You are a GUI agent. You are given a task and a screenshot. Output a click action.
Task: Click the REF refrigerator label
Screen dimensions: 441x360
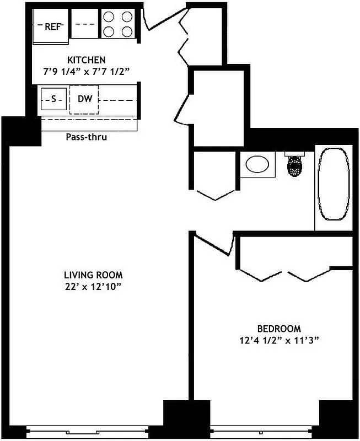[x=52, y=26]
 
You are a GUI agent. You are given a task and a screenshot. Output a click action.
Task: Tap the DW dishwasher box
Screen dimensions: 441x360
[x=84, y=99]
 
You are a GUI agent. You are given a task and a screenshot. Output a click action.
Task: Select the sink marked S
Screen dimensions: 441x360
[x=53, y=100]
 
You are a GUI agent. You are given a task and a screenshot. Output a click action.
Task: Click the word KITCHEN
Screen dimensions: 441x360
[x=87, y=60]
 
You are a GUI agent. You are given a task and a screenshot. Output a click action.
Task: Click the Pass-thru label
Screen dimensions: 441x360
[x=87, y=137]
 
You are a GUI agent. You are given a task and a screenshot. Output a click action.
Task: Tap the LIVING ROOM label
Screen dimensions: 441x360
[x=93, y=275]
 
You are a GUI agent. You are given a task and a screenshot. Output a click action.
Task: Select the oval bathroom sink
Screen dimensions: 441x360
[x=257, y=164]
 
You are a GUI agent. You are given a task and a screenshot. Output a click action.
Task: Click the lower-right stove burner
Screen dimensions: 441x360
[x=127, y=31]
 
